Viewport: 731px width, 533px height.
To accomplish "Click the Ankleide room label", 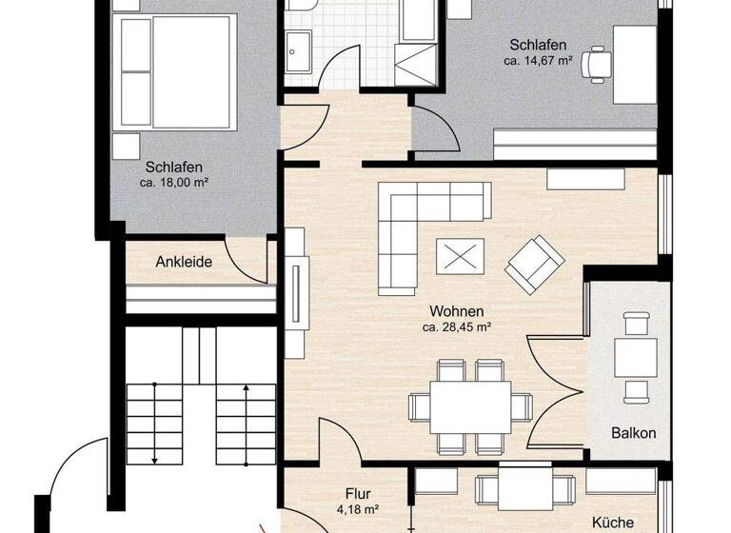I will (x=184, y=263).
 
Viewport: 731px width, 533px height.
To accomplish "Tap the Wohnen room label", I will (x=456, y=311).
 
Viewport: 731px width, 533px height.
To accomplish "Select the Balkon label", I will (x=633, y=432).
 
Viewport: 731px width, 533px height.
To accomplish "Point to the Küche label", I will (x=613, y=523).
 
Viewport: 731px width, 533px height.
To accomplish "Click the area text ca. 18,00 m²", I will (x=174, y=182).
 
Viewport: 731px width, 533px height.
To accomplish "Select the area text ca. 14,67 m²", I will (x=538, y=61).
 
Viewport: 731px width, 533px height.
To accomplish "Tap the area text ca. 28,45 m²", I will (x=456, y=327).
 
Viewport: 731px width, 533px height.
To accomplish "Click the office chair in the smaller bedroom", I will (x=598, y=63).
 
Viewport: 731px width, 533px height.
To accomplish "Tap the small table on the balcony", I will (x=633, y=357).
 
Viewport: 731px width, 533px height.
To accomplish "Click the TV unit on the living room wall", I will (x=296, y=290).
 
